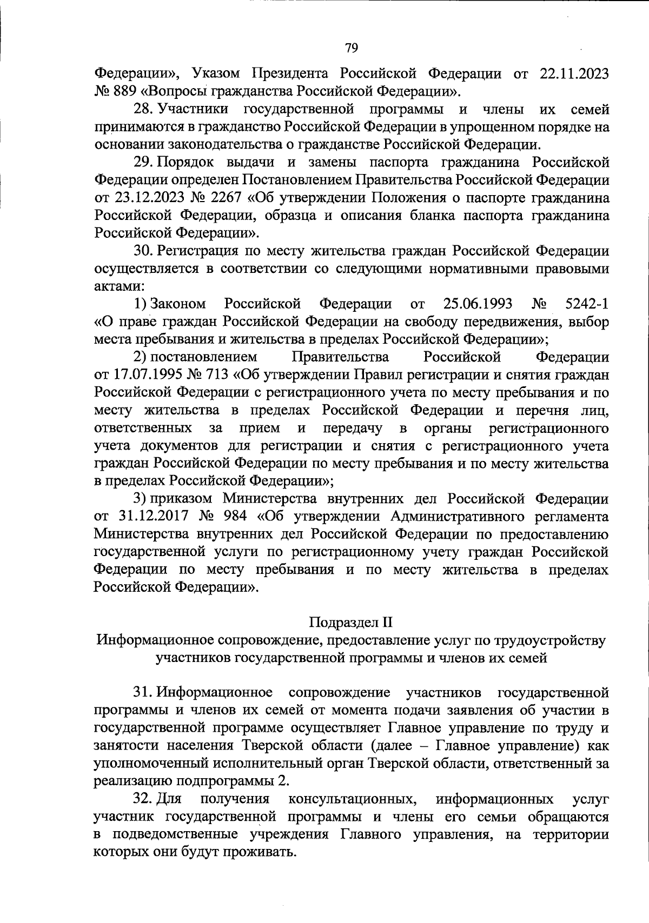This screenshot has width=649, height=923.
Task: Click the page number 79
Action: [351, 48]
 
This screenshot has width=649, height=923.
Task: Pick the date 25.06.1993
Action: [478, 304]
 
